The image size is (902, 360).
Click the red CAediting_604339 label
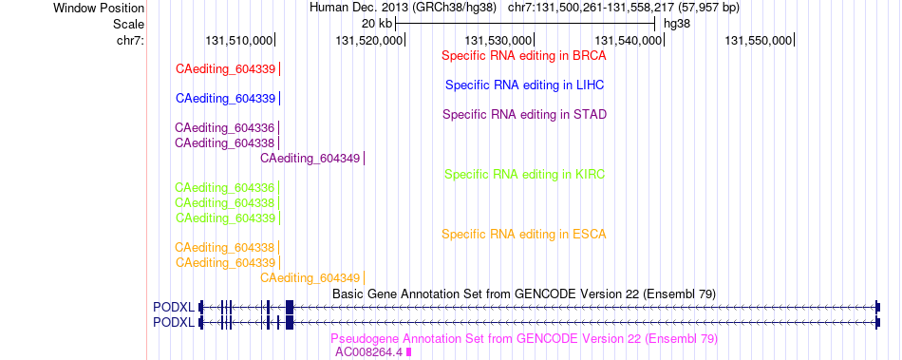point(226,69)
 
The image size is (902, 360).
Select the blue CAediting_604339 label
point(226,99)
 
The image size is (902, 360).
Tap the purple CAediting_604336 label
point(225,127)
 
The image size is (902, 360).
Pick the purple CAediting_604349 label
point(310,158)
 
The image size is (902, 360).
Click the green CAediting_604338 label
point(225,203)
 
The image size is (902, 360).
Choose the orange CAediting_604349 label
point(310,278)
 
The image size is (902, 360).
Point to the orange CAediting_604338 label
point(225,248)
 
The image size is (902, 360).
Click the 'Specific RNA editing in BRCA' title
point(524,56)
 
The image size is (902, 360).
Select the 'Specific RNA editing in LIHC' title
point(525,85)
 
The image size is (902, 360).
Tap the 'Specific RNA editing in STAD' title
point(525,114)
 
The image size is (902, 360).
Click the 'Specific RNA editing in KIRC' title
point(525,174)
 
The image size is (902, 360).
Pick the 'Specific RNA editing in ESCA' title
point(524,235)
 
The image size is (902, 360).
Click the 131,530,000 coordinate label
point(498,40)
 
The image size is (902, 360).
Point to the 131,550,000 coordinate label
point(758,40)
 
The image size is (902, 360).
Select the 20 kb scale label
point(377,24)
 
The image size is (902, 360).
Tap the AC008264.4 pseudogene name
point(369,352)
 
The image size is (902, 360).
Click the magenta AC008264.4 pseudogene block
point(409,352)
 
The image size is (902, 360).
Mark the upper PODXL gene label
point(174,307)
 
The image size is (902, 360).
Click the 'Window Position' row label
point(99,8)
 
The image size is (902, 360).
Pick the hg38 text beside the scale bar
point(677,24)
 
